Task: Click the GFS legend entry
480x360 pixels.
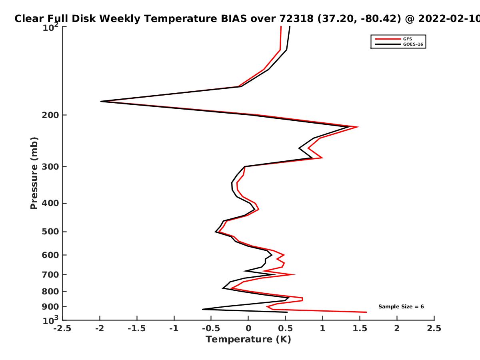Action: (x=394, y=39)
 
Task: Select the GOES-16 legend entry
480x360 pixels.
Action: (x=399, y=44)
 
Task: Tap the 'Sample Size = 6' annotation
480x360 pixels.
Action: (x=401, y=307)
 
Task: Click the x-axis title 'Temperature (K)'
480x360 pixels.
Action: (x=248, y=340)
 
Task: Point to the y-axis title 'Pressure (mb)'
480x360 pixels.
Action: (x=34, y=173)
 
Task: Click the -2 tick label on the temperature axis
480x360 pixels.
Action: (x=100, y=328)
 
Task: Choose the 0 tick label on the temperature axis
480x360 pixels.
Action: (x=248, y=328)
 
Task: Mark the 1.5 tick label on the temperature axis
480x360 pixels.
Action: (x=360, y=328)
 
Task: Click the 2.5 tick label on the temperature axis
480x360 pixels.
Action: (x=434, y=328)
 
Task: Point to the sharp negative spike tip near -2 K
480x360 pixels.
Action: (x=101, y=102)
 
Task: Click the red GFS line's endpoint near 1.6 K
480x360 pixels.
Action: (x=366, y=312)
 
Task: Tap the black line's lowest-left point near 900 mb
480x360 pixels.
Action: (x=202, y=309)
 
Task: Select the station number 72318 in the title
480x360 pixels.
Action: (x=296, y=19)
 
